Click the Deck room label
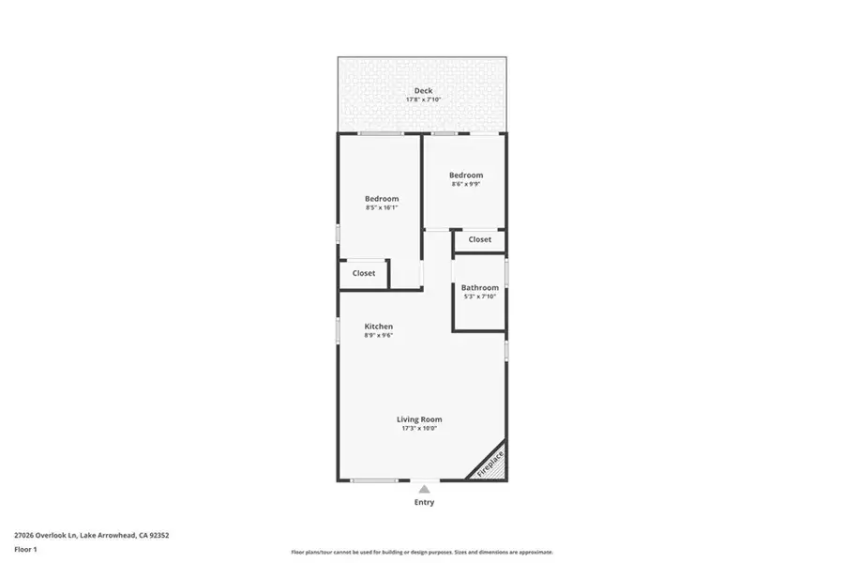click(423, 90)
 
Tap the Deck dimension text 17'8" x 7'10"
click(423, 99)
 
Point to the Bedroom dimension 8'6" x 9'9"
click(465, 184)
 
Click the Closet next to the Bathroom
click(479, 239)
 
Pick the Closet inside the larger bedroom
click(364, 273)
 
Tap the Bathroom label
click(479, 288)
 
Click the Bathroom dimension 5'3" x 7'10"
click(479, 297)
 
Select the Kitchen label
click(379, 327)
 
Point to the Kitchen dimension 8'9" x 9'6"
click(379, 335)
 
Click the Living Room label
click(419, 419)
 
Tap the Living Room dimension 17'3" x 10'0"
click(419, 428)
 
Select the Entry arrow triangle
click(424, 489)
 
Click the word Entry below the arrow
click(424, 502)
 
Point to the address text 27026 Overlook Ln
click(46, 536)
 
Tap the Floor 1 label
click(25, 550)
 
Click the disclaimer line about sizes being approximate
click(422, 553)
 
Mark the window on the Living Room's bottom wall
click(374, 480)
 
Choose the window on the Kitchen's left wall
click(339, 330)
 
